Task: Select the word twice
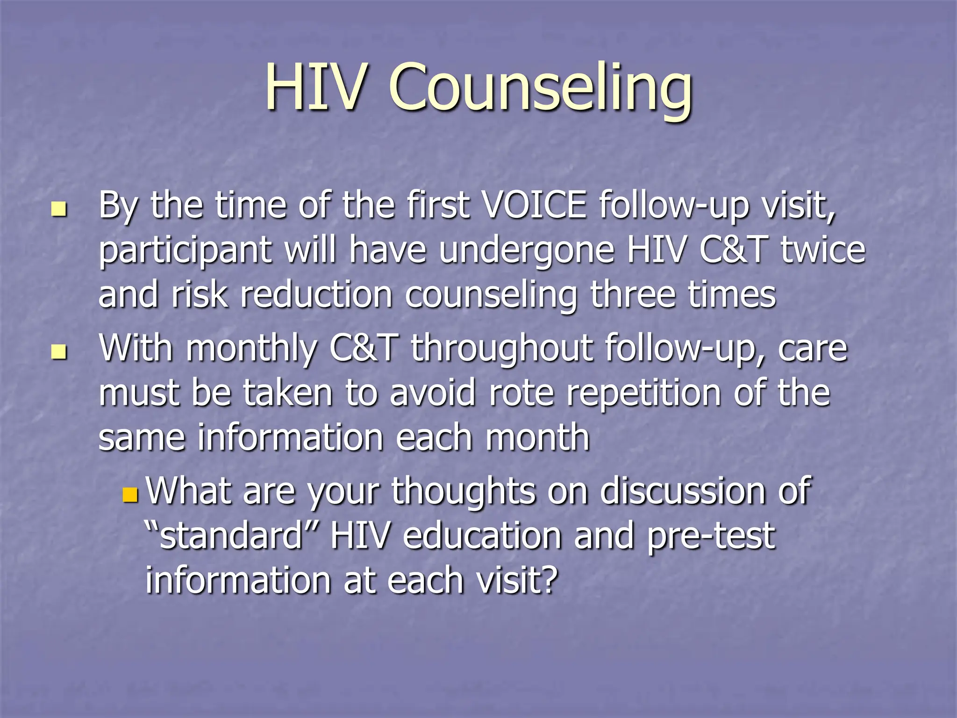click(823, 250)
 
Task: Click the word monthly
click(252, 348)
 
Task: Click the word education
click(482, 536)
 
